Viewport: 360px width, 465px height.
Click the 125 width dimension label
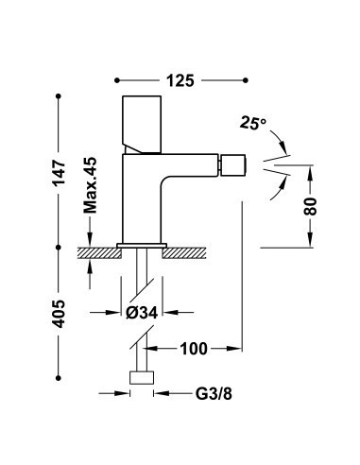pos(180,81)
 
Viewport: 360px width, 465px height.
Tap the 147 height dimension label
pos(59,173)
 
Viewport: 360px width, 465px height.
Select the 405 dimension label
pos(59,314)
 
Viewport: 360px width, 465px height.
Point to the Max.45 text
pos(90,185)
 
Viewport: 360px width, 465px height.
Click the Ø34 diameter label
pos(142,313)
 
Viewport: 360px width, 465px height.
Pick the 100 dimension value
pos(194,349)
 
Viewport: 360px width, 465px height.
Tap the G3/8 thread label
pos(214,393)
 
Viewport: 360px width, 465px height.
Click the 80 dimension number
pos(310,206)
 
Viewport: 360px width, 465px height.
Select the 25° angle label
pos(253,123)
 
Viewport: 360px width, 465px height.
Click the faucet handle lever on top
pos(142,125)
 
